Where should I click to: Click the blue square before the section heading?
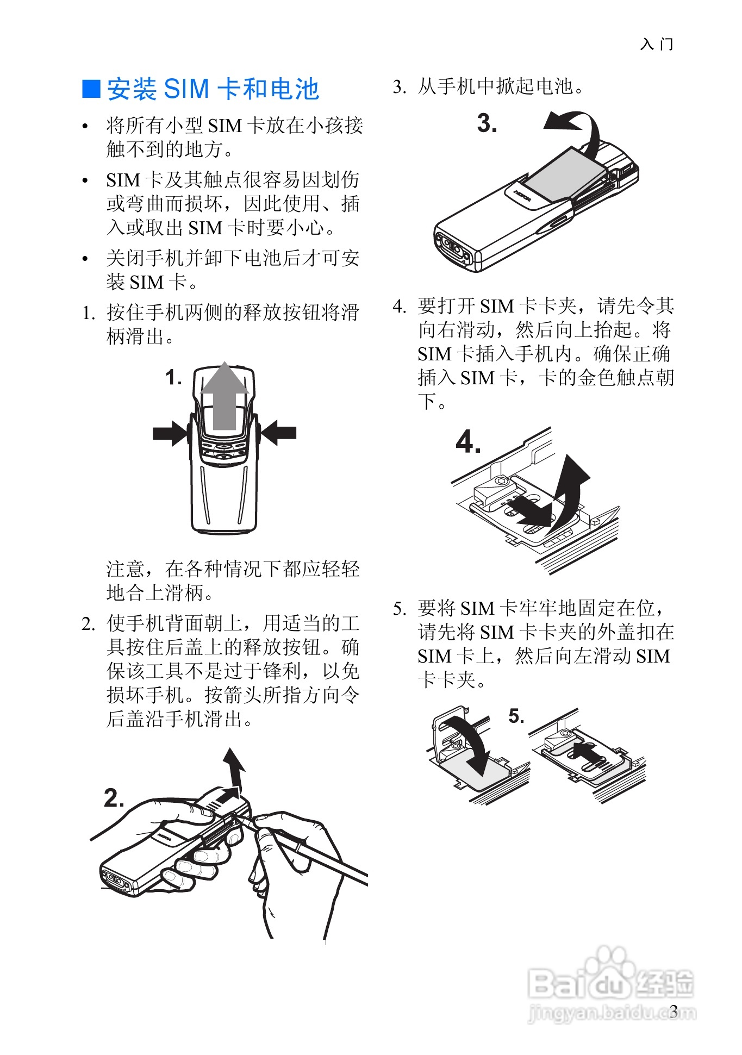[91, 89]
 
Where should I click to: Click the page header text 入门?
[657, 44]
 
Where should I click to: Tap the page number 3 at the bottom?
[674, 1011]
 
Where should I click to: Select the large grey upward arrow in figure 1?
[225, 395]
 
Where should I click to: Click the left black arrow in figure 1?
[171, 433]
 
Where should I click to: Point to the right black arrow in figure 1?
[278, 433]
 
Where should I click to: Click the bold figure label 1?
[173, 377]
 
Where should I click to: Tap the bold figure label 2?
[114, 798]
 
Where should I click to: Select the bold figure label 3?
[487, 123]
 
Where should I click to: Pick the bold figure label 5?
[516, 716]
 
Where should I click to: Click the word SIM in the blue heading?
[186, 89]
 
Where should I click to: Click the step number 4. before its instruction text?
[400, 307]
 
